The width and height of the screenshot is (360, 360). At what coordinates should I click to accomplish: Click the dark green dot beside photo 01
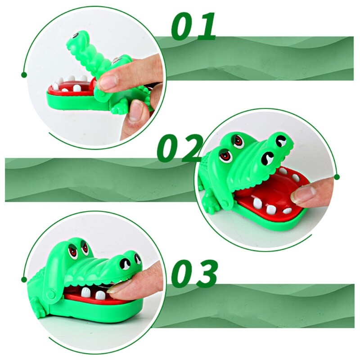[24, 75]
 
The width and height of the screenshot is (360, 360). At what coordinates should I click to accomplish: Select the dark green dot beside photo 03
[24, 279]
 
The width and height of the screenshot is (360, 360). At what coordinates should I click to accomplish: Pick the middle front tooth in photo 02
[271, 210]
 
